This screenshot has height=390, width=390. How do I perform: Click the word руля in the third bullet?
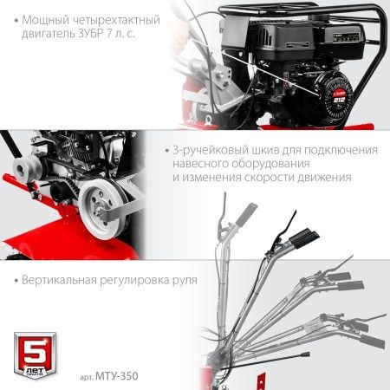pos(180,282)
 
